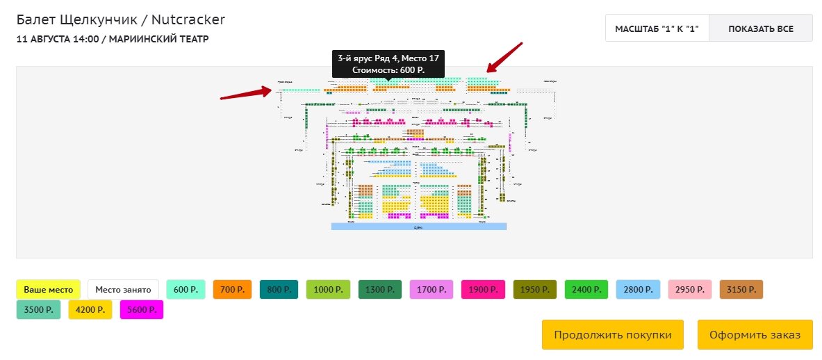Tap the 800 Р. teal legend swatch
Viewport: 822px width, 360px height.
click(279, 289)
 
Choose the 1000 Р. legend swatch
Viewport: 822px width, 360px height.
click(326, 289)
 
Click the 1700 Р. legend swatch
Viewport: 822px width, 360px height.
click(431, 289)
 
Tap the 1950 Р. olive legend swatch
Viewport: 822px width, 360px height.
click(535, 289)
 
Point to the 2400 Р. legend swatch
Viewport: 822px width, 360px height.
click(586, 289)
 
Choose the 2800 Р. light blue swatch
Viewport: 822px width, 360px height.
click(637, 289)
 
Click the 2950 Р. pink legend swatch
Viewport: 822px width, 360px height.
click(689, 289)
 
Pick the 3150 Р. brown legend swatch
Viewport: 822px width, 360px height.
click(741, 289)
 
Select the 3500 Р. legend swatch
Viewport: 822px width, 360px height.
click(38, 309)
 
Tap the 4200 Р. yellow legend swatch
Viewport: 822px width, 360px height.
click(90, 309)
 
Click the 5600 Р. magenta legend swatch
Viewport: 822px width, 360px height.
click(141, 309)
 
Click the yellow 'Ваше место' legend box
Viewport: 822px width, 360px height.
click(49, 289)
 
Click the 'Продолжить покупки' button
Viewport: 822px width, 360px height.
click(613, 335)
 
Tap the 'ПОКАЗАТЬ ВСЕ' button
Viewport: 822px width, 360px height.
click(761, 29)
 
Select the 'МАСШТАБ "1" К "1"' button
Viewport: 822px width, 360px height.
click(657, 29)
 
